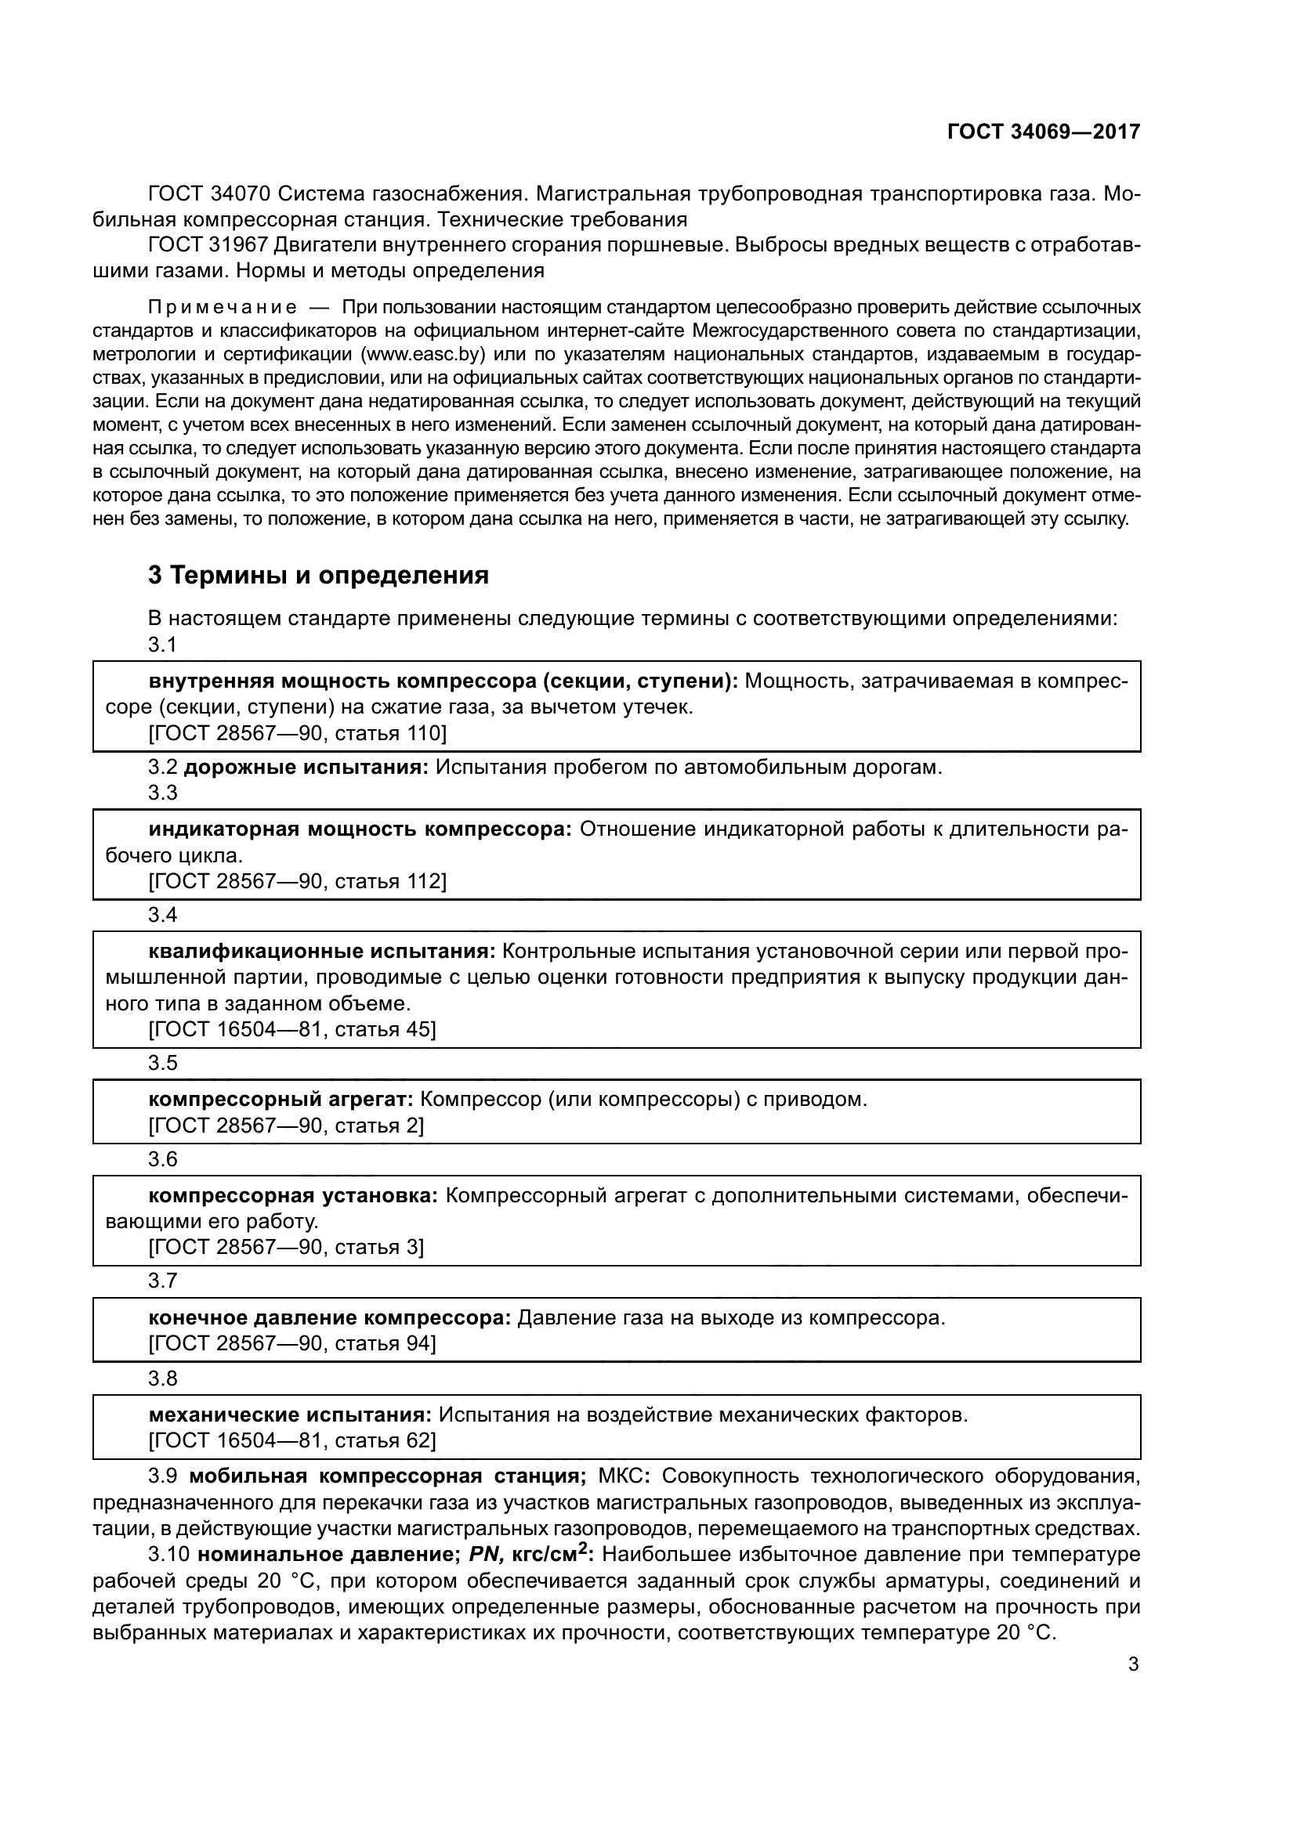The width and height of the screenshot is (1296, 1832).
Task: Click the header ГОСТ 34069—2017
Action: point(1043,132)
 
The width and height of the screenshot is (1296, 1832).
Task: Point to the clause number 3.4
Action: point(163,915)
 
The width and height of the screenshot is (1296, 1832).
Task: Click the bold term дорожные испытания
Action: point(306,768)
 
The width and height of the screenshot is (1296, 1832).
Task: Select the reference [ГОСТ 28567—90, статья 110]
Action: point(297,732)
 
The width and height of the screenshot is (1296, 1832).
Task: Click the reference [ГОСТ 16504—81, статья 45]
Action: point(292,1029)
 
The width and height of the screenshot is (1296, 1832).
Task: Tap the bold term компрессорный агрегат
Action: point(280,1100)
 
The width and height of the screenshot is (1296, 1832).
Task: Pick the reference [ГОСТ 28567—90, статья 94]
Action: point(292,1344)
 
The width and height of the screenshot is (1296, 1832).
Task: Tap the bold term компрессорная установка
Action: point(293,1195)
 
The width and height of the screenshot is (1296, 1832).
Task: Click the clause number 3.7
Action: point(163,1281)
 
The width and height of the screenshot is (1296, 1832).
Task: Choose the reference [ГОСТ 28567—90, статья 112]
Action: point(297,881)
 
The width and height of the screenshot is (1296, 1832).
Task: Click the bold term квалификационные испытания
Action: point(322,952)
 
